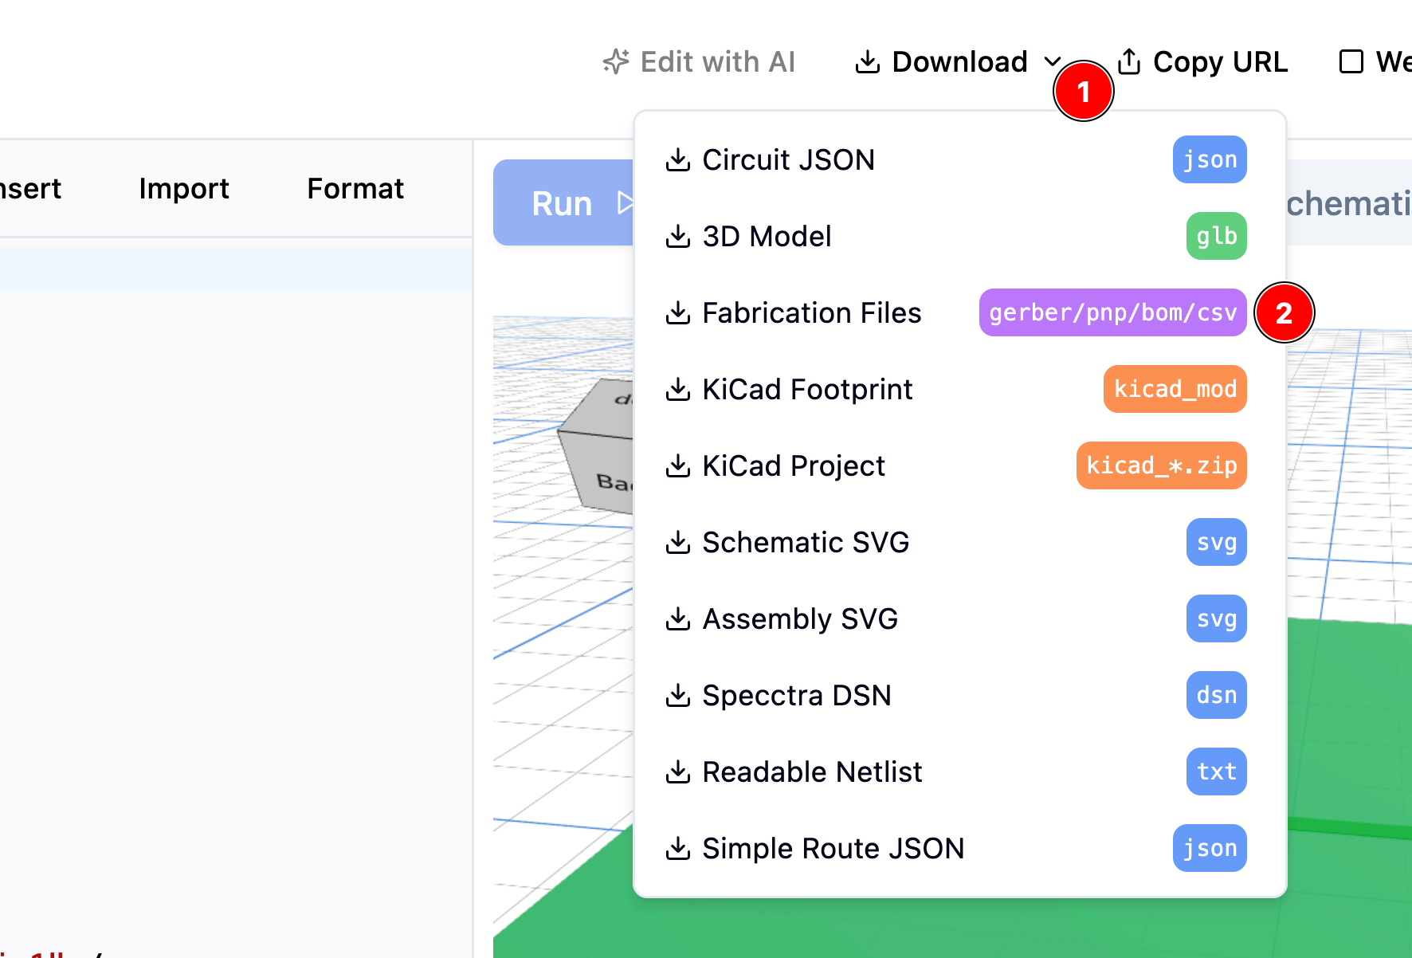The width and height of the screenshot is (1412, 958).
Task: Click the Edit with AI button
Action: tap(700, 62)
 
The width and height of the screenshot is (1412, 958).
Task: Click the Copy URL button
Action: tap(1202, 62)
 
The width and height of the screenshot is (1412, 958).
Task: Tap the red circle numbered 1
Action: tap(1083, 92)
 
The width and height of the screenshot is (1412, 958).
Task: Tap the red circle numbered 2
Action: tap(1284, 313)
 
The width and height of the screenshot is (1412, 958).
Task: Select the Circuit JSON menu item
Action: tap(787, 160)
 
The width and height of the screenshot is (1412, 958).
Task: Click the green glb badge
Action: tap(1216, 236)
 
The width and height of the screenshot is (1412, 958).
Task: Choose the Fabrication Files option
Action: tap(810, 313)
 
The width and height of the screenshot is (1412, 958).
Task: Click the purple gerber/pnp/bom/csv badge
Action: tap(1112, 312)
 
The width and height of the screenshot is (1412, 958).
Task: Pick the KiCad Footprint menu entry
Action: tap(806, 390)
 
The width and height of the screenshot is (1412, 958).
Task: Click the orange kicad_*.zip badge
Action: tap(1161, 465)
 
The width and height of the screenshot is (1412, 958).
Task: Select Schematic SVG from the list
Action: tap(805, 543)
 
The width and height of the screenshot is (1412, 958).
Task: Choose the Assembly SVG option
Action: tap(799, 619)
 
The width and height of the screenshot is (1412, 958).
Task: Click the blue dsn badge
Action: tap(1216, 695)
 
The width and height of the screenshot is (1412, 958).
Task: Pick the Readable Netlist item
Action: tap(811, 772)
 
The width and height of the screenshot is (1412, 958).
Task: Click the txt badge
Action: tap(1216, 772)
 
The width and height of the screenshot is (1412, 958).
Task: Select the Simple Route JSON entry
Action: tap(832, 849)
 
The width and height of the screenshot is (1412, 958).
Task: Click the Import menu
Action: tap(184, 189)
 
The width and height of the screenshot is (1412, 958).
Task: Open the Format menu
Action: tap(355, 189)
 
